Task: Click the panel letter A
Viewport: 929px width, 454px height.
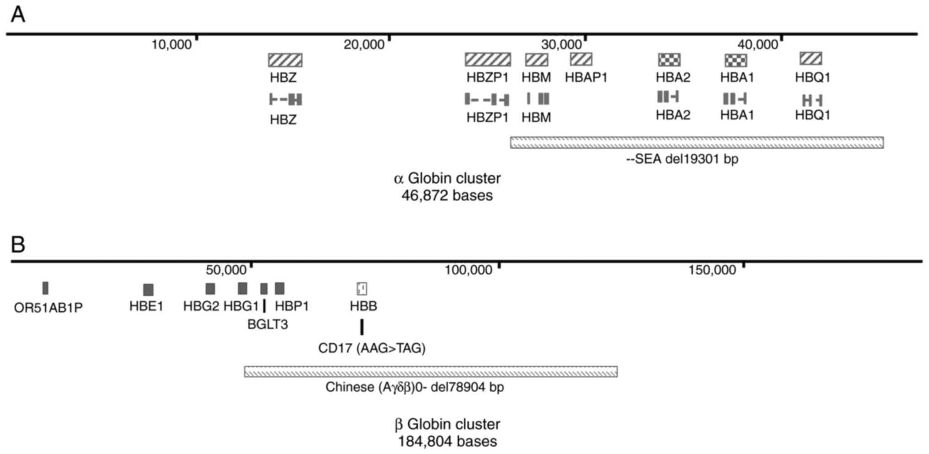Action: [x=18, y=15]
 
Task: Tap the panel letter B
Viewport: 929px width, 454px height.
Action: [x=18, y=245]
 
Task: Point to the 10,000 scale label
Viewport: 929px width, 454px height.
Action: [x=171, y=45]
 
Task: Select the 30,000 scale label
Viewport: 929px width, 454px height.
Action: [x=561, y=45]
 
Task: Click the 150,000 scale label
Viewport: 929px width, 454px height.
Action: [x=712, y=271]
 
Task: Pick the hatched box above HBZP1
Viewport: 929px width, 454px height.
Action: [x=488, y=59]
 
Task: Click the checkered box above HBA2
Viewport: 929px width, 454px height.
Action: [x=669, y=59]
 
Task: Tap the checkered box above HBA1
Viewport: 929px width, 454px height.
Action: [x=736, y=60]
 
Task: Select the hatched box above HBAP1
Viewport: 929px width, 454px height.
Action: [x=581, y=59]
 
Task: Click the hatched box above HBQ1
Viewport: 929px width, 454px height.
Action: [x=811, y=59]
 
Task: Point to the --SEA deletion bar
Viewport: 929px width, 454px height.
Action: [x=697, y=143]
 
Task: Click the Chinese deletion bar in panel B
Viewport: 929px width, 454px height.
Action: [x=431, y=371]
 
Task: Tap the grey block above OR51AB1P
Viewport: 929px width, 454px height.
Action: [x=45, y=288]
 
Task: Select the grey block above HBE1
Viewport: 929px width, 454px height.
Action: [x=148, y=290]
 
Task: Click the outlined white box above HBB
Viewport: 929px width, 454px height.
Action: [x=362, y=288]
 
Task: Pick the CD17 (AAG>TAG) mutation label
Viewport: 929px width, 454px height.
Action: [x=372, y=348]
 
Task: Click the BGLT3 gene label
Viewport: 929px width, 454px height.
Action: [x=267, y=325]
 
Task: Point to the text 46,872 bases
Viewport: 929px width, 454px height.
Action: [x=447, y=196]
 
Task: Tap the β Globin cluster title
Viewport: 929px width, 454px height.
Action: [x=447, y=424]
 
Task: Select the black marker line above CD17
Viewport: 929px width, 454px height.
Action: [x=362, y=327]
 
